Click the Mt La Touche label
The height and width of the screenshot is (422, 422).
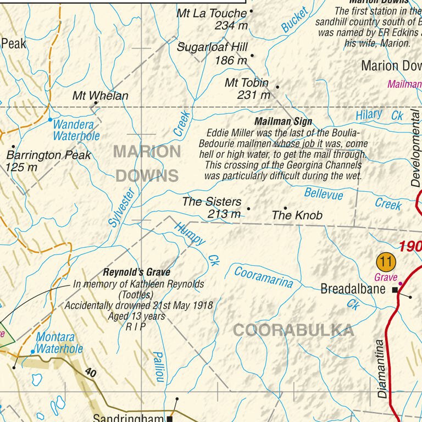[212, 13]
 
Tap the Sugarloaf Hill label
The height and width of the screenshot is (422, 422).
[212, 47]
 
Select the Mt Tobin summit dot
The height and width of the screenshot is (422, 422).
[277, 87]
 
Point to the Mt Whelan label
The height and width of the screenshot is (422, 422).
[101, 96]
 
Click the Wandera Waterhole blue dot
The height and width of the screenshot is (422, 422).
[50, 119]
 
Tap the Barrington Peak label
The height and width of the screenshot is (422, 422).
[49, 155]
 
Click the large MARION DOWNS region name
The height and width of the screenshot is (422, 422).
[147, 163]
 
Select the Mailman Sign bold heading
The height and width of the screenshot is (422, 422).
[283, 121]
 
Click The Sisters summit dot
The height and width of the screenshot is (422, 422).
[248, 209]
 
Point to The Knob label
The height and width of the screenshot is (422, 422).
[297, 215]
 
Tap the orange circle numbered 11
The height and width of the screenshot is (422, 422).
[386, 260]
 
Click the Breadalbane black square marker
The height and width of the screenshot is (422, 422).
[395, 290]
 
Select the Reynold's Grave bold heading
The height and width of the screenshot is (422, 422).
[137, 272]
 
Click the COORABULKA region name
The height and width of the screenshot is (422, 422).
[293, 330]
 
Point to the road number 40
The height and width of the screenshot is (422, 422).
[91, 373]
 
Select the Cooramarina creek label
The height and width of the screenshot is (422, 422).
[264, 276]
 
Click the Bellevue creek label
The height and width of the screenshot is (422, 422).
[324, 193]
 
